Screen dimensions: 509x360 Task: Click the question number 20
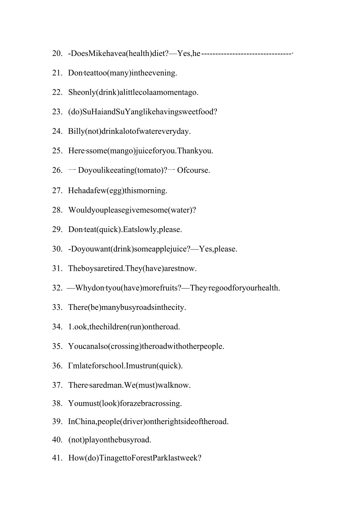click(57, 53)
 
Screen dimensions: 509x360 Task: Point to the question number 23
click(57, 112)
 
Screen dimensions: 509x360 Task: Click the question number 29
click(57, 229)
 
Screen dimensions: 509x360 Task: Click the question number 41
click(57, 458)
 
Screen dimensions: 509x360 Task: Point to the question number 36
click(57, 366)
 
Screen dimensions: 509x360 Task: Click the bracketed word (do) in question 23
click(75, 112)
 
